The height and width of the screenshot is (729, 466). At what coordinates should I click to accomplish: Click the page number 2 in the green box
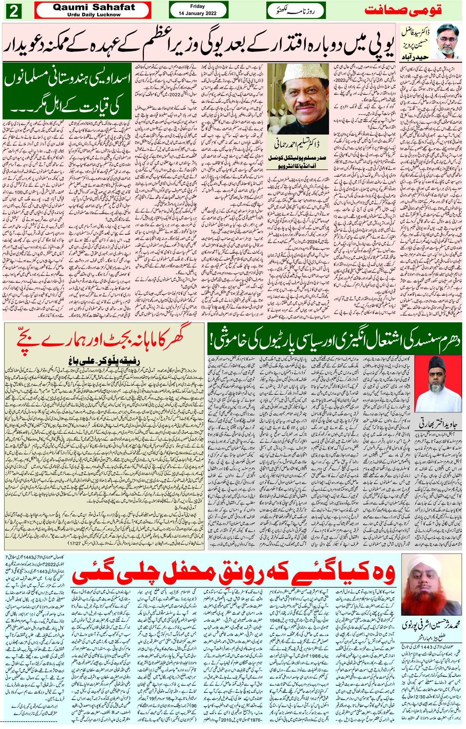[x=14, y=11]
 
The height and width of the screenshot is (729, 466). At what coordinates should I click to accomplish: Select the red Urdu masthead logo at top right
[x=403, y=11]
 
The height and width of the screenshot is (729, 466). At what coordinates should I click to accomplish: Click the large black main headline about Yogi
[x=198, y=43]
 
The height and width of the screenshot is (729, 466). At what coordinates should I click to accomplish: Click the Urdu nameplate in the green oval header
[x=296, y=10]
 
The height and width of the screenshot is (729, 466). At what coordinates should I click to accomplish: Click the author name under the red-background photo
[x=437, y=423]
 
